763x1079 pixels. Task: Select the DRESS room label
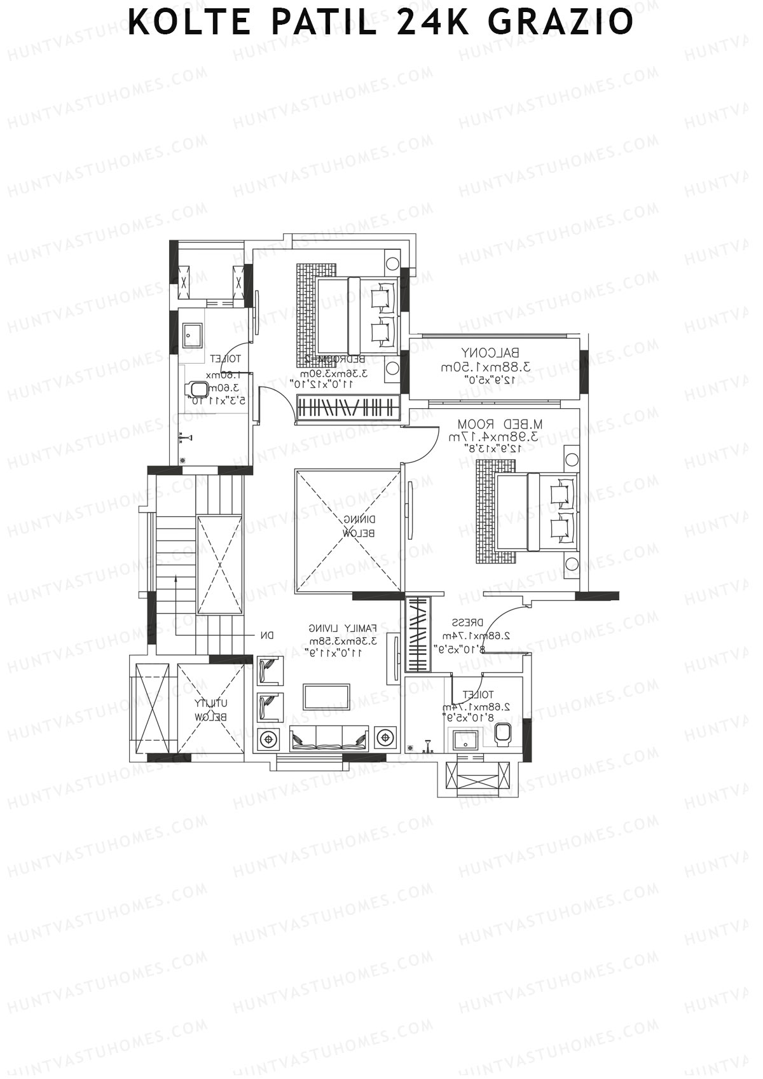[x=468, y=622]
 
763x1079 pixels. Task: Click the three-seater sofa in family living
[x=329, y=738]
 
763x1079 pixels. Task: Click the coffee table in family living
[x=326, y=696]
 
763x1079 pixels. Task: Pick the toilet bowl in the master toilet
[x=504, y=732]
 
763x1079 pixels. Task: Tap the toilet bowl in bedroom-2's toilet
[x=200, y=389]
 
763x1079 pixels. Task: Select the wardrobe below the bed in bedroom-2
[x=348, y=407]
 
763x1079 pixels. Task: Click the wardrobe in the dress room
[x=417, y=633]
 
